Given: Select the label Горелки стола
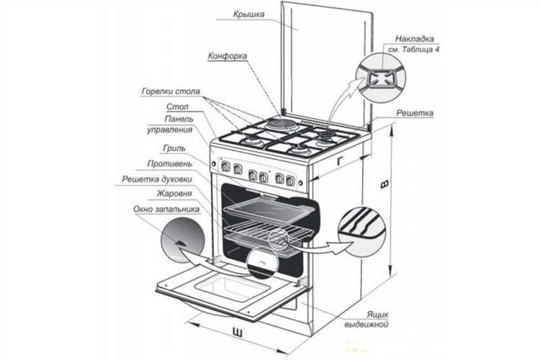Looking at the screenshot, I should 166,92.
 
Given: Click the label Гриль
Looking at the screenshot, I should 174,148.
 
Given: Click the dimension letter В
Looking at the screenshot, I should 385,185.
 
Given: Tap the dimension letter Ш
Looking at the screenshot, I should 237,330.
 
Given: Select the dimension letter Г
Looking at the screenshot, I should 338,161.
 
